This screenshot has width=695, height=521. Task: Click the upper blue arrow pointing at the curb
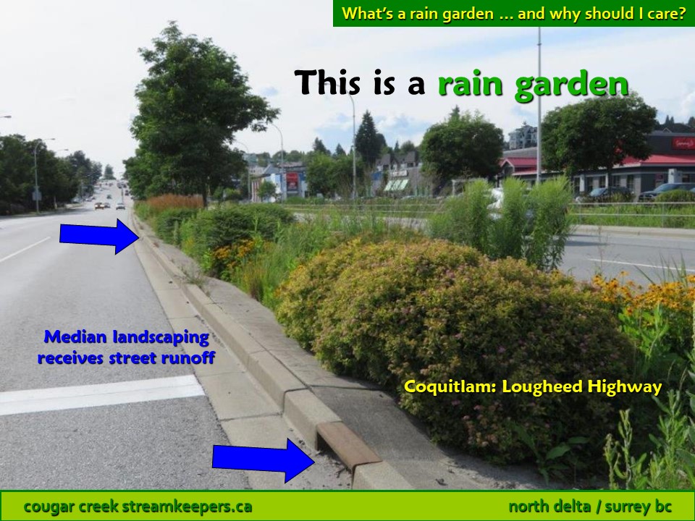pyautogui.click(x=99, y=236)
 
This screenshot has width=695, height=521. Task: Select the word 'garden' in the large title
pyautogui.click(x=572, y=85)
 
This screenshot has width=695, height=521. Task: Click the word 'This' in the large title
pyautogui.click(x=327, y=82)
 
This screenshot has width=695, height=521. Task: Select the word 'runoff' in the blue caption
pyautogui.click(x=188, y=357)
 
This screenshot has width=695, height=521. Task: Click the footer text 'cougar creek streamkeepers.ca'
pyautogui.click(x=138, y=506)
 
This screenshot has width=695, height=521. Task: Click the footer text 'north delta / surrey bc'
pyautogui.click(x=591, y=506)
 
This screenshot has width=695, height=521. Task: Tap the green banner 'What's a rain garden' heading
pyautogui.click(x=514, y=13)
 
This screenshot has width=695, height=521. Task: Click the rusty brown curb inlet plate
pyautogui.click(x=348, y=445)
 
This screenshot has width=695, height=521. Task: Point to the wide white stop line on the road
pyautogui.click(x=101, y=395)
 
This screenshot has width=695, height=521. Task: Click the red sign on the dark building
pyautogui.click(x=683, y=143)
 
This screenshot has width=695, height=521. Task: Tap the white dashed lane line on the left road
pyautogui.click(x=25, y=250)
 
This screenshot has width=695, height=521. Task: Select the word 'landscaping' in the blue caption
pyautogui.click(x=161, y=338)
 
